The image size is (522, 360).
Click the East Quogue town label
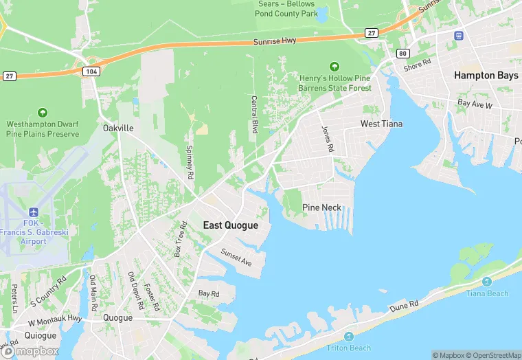click(x=231, y=225)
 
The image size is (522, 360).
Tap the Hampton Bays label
click(x=486, y=76)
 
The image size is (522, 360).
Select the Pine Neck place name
click(x=321, y=207)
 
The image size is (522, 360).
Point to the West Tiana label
click(x=382, y=124)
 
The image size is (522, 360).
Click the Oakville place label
click(x=118, y=128)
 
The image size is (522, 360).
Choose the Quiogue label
click(x=41, y=335)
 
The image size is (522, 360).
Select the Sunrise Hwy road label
click(x=275, y=41)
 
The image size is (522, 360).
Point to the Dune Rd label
click(x=404, y=304)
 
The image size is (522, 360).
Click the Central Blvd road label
click(x=254, y=115)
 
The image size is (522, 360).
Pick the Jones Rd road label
click(x=327, y=139)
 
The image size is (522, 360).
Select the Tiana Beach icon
click(x=487, y=282)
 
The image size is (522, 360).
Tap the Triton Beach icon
click(x=349, y=337)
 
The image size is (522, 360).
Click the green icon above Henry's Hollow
click(x=334, y=67)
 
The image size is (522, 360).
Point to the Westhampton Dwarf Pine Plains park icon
click(x=43, y=113)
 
